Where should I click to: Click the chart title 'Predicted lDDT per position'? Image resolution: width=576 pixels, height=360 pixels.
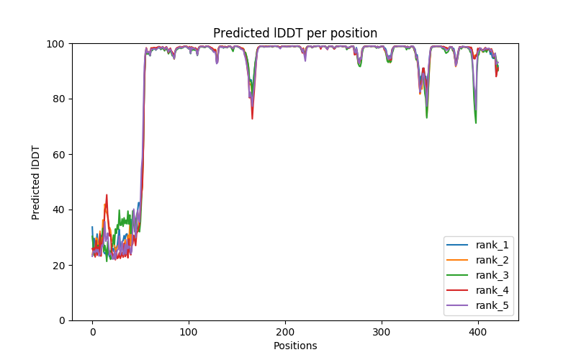295,33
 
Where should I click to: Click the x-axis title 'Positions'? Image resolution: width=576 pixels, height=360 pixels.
295,346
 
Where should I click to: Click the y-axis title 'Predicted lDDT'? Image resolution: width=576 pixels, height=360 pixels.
36,182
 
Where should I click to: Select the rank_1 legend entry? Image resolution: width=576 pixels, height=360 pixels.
492,246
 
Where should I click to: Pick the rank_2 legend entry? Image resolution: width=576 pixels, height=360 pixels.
492,261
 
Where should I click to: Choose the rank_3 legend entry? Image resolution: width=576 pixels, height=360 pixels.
492,276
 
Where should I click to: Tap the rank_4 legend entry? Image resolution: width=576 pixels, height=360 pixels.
492,291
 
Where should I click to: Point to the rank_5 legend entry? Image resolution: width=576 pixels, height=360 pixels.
492,306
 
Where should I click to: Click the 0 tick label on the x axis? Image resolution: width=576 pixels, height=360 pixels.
92,332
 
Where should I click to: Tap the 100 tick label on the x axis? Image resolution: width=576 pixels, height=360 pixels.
189,332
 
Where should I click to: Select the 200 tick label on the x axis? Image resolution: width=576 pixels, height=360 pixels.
285,332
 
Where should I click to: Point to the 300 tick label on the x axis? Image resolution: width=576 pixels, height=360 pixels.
382,332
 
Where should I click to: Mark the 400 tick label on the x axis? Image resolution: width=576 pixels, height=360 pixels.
478,332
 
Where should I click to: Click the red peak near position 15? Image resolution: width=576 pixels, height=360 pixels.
107,194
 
